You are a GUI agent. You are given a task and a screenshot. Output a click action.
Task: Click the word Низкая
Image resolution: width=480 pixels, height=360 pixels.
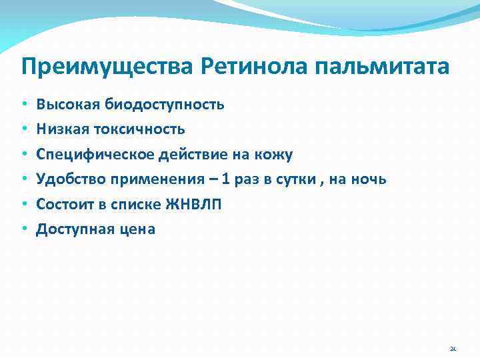coord(61,129)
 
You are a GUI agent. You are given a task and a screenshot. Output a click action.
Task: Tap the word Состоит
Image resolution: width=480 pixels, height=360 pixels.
coord(63,205)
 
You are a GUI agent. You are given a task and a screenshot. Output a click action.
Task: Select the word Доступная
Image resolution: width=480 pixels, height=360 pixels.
coord(73,229)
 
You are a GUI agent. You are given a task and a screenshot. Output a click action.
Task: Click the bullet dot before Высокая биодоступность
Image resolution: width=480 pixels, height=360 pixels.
coord(23,105)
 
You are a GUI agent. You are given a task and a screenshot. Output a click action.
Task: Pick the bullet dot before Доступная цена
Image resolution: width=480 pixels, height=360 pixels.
coord(23,230)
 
